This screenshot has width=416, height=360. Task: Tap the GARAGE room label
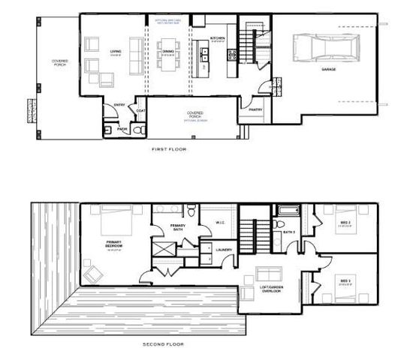[x=328, y=70]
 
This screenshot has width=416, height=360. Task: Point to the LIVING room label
[x=116, y=52]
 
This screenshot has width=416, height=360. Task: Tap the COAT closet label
[x=140, y=112]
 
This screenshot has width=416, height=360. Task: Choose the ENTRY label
[x=119, y=105]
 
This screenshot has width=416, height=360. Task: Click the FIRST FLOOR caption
[x=168, y=150]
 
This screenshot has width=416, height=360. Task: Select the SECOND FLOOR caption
[x=164, y=343]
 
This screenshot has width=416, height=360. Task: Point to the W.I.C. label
[x=221, y=222]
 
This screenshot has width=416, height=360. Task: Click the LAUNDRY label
[x=222, y=250]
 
